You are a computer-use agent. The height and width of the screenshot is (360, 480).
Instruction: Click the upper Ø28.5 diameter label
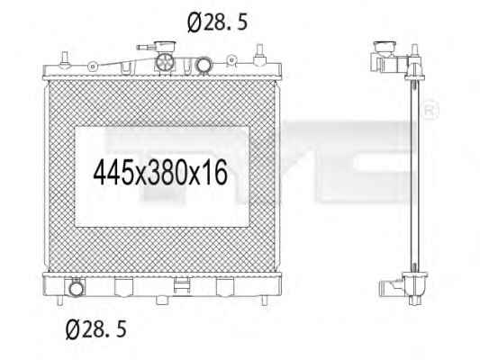click(x=217, y=22)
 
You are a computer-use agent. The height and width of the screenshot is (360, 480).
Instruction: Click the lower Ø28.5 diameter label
click(x=96, y=328)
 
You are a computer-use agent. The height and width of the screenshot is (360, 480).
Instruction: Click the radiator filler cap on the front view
click(x=165, y=48)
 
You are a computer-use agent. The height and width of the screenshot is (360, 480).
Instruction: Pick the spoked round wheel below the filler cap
click(x=166, y=62)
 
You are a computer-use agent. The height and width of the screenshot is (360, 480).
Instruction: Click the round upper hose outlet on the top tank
click(x=203, y=65)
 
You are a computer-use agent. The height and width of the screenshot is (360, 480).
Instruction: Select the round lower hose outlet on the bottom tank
click(x=76, y=288)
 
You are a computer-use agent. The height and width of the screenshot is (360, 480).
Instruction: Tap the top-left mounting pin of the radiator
click(x=65, y=58)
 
